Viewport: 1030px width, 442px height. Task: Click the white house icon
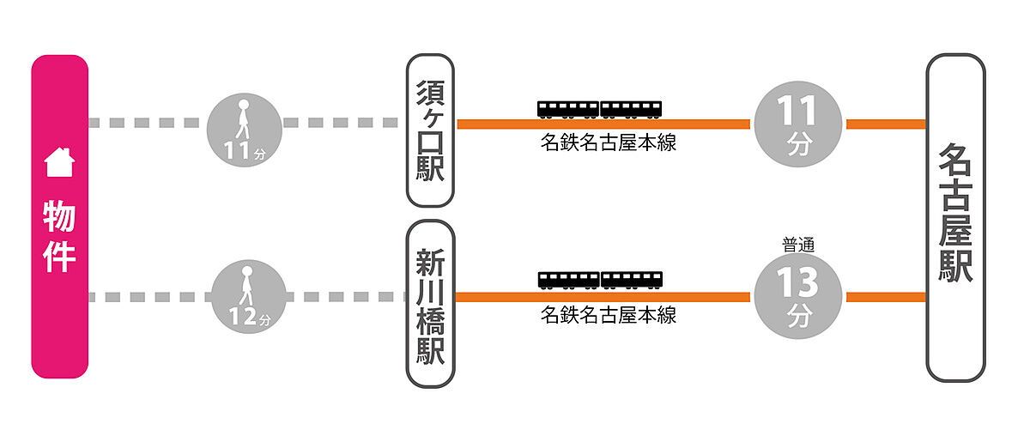point(59,162)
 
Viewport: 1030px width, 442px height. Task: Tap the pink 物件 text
point(59,236)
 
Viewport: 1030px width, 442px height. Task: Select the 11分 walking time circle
point(244,130)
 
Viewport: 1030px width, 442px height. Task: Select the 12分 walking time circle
point(248,297)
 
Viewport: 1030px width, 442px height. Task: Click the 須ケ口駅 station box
point(430,130)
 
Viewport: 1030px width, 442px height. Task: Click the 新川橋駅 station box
point(430,304)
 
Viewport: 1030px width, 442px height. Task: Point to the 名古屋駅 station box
point(955,217)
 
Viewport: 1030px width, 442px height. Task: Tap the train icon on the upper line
point(600,110)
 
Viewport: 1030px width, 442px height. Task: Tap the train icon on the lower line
point(600,280)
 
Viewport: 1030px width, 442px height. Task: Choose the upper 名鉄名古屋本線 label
point(608,142)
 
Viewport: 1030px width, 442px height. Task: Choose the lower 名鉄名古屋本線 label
point(608,315)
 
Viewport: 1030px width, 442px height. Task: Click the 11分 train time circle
point(797,124)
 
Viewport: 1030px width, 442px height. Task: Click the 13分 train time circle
point(797,297)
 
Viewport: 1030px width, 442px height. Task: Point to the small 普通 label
point(798,245)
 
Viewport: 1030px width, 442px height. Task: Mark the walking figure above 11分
point(243,118)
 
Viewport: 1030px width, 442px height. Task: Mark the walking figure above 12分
point(246,285)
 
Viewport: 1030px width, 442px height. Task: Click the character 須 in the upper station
point(430,93)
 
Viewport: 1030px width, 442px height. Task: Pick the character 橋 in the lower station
point(430,322)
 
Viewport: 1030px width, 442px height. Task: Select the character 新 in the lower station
point(430,263)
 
